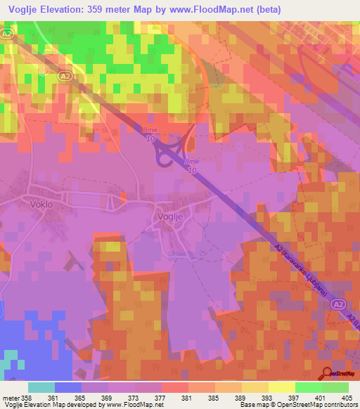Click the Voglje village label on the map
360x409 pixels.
click(172, 217)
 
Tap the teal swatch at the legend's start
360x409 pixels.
click(41, 387)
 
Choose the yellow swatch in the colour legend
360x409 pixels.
click(282, 387)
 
